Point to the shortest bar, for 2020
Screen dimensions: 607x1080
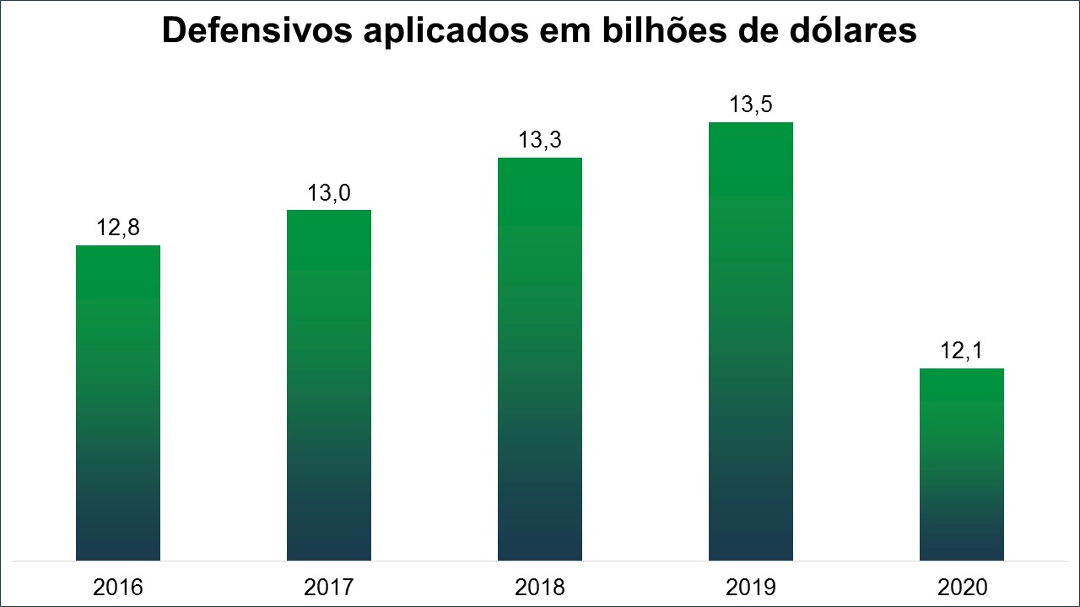[962, 465]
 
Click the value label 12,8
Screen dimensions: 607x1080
[118, 228]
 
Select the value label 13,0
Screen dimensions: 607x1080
[329, 193]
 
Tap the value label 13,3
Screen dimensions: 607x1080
[540, 140]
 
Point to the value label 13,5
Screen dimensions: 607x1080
[751, 105]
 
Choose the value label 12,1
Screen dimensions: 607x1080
[962, 351]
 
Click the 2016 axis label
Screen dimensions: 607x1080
[118, 587]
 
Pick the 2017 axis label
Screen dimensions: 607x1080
[329, 587]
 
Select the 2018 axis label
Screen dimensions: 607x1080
[540, 587]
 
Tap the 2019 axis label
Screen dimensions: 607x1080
[751, 587]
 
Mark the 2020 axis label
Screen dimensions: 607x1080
[962, 587]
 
